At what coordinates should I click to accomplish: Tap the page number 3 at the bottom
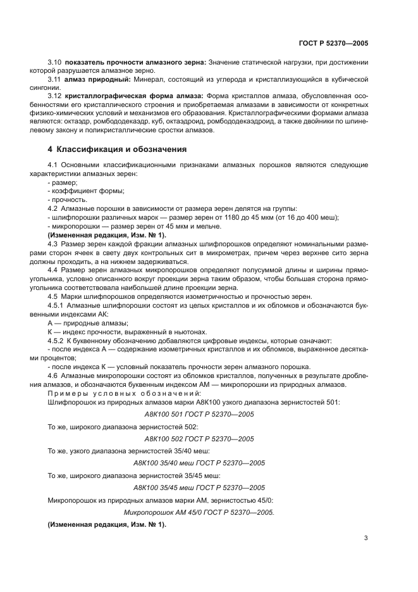(x=366, y=538)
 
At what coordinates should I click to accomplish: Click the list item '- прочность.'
(x=67, y=199)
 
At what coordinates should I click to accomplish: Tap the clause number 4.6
(x=53, y=376)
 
